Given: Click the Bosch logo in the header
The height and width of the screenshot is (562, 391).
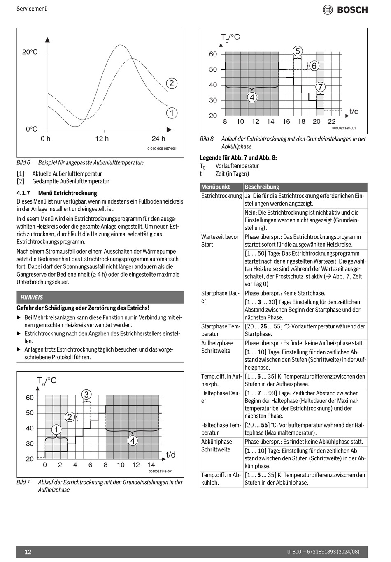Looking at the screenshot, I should [x=345, y=9].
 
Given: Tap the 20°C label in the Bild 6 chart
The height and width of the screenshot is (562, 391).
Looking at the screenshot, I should [x=30, y=52].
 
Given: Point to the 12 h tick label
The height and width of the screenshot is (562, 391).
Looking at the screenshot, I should [x=102, y=139].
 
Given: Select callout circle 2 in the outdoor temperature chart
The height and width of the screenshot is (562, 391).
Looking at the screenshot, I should [x=172, y=83].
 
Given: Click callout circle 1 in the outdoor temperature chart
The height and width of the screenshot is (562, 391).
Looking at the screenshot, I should [x=172, y=113].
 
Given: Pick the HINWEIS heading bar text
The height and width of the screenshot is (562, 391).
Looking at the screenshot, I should [x=32, y=297].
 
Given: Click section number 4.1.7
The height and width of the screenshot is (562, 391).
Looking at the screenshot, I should [x=24, y=193].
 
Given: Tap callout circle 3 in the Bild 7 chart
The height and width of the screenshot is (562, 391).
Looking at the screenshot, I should [x=86, y=395].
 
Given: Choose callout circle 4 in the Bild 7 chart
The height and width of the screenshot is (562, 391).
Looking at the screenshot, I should [x=132, y=441].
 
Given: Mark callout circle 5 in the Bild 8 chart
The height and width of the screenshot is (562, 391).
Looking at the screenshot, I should [x=298, y=51].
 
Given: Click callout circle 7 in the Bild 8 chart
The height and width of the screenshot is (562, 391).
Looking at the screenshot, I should [x=320, y=87].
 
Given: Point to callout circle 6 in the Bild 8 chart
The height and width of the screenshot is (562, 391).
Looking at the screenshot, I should [x=314, y=66].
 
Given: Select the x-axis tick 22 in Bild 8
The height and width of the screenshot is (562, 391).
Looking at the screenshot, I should [x=332, y=122].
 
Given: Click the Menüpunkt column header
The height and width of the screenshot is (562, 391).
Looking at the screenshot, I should [x=216, y=187].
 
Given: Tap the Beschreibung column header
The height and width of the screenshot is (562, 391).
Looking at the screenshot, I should [x=262, y=187].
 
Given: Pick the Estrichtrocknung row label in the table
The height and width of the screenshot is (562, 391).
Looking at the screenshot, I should [x=221, y=196].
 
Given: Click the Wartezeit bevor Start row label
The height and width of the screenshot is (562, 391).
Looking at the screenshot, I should [x=220, y=241].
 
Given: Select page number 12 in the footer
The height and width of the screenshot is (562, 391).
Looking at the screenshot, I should [x=28, y=552].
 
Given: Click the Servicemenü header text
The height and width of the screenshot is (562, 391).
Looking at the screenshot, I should [x=32, y=8].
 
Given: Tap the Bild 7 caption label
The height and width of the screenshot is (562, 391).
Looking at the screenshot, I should [x=23, y=482].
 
